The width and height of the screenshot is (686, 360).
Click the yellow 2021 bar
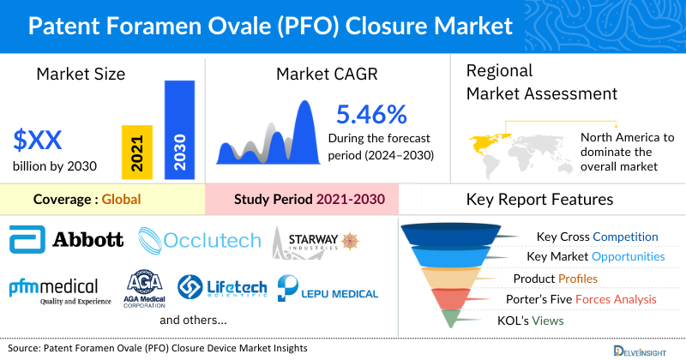tap(138, 151)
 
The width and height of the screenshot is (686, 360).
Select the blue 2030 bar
tap(178, 129)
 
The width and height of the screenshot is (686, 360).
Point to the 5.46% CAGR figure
tap(370, 114)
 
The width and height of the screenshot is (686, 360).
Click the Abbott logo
tap(66, 239)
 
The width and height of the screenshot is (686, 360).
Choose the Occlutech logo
tap(199, 240)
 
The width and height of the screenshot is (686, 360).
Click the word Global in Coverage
tap(121, 200)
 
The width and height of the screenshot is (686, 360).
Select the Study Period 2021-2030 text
tap(309, 200)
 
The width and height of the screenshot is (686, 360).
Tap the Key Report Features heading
tap(539, 200)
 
